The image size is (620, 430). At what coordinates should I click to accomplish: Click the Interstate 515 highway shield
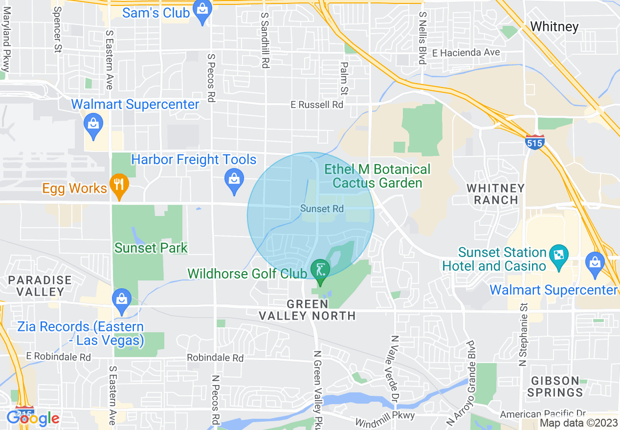tap(535, 142)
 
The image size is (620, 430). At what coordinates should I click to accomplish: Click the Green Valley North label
tap(308, 310)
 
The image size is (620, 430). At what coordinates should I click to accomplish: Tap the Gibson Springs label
tap(555, 386)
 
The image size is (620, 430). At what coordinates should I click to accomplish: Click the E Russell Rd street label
tap(317, 105)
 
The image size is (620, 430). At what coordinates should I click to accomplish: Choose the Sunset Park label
tap(151, 248)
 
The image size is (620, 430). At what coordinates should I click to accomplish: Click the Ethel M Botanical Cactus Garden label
tap(377, 176)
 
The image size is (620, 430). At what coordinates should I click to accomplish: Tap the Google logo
tap(33, 418)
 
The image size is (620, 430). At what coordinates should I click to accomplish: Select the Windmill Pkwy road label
tap(385, 418)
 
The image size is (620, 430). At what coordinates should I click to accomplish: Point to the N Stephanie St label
tap(524, 335)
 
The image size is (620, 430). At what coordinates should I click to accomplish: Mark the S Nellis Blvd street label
tap(422, 38)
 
